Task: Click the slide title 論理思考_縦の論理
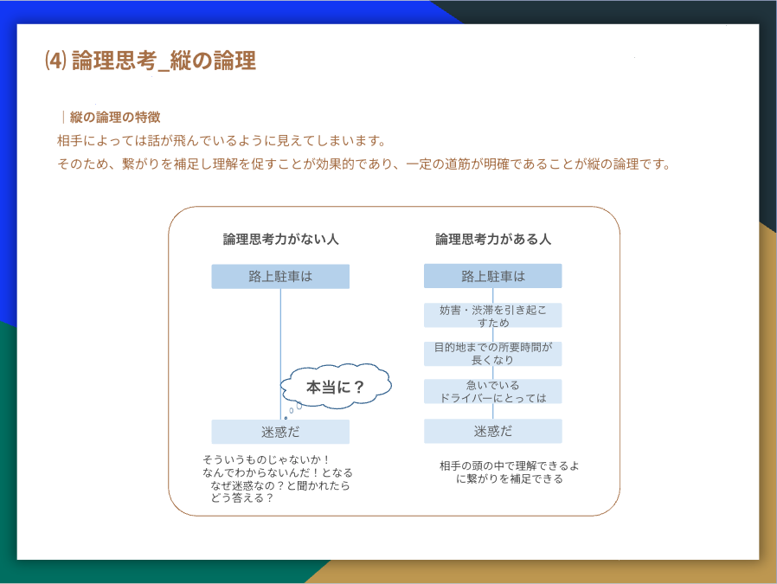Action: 164,61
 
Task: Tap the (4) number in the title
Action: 55,61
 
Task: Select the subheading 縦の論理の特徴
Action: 115,118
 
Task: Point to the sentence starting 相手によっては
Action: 222,141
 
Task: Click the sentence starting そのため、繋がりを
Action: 364,164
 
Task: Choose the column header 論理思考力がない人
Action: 280,240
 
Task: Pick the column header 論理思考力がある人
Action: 493,240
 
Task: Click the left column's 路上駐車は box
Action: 280,276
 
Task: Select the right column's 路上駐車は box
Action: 493,276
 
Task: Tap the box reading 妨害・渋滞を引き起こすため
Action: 493,316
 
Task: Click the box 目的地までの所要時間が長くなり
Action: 493,354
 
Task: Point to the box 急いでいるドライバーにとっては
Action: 493,391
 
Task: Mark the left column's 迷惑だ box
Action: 280,432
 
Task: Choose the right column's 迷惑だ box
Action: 493,431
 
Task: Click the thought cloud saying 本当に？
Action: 336,387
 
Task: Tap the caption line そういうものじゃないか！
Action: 266,459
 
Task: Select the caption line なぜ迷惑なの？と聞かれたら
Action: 280,485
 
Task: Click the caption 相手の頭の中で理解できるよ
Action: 510,465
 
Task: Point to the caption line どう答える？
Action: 241,497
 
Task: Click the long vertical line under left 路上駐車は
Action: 281,354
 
